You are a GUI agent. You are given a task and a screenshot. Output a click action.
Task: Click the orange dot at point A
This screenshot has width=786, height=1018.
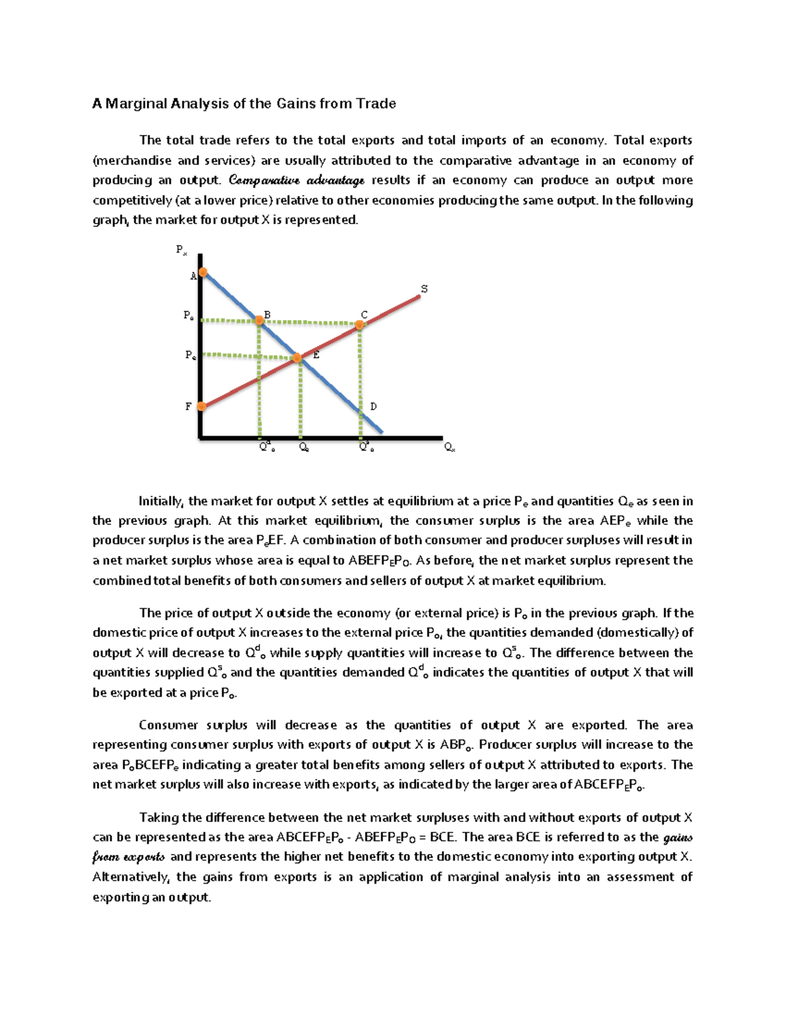point(203,271)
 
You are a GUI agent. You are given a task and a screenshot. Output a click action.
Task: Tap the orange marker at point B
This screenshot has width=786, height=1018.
point(259,320)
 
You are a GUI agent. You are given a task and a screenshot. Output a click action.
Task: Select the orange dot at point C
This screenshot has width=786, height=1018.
point(360,324)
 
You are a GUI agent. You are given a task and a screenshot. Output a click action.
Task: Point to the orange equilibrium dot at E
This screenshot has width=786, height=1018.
point(297,358)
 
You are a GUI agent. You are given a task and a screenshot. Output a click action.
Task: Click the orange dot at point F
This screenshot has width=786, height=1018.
point(202,406)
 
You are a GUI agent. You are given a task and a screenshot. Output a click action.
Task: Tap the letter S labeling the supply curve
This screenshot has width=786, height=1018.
point(424,289)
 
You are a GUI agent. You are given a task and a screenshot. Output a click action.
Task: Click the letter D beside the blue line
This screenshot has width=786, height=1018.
point(373,406)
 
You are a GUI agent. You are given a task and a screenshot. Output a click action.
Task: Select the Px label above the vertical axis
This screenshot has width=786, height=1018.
point(181,249)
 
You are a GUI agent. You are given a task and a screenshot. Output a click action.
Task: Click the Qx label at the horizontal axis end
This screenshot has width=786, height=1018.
point(449,447)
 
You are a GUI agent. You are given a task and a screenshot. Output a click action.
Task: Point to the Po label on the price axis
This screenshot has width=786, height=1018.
point(189,315)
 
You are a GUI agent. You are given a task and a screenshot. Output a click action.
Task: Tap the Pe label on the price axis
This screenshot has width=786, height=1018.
point(190,355)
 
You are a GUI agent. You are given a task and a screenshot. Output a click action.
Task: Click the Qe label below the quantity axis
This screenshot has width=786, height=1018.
point(304,447)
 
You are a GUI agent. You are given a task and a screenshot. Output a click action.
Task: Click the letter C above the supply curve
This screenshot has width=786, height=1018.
point(364,315)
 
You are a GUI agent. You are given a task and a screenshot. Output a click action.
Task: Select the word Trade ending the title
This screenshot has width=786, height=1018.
point(376,104)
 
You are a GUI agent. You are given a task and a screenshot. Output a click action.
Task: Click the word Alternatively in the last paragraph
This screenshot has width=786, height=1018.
point(130,877)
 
